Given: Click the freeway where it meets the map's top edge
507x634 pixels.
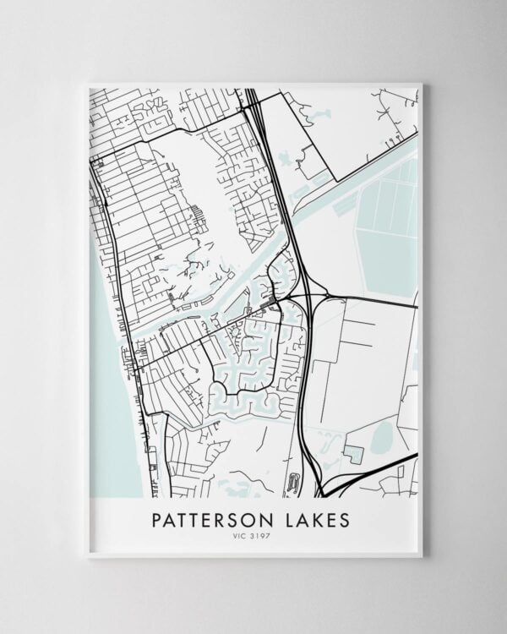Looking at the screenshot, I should click(x=251, y=91).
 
